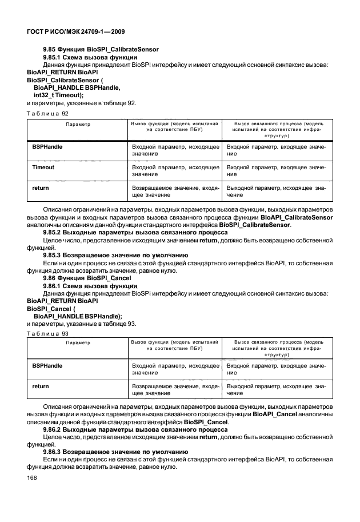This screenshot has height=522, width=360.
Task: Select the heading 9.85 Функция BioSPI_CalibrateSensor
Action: (101, 50)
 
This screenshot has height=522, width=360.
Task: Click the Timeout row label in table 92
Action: (43, 168)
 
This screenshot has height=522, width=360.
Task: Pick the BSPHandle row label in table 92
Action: (47, 147)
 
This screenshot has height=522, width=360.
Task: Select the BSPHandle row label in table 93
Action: (47, 365)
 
